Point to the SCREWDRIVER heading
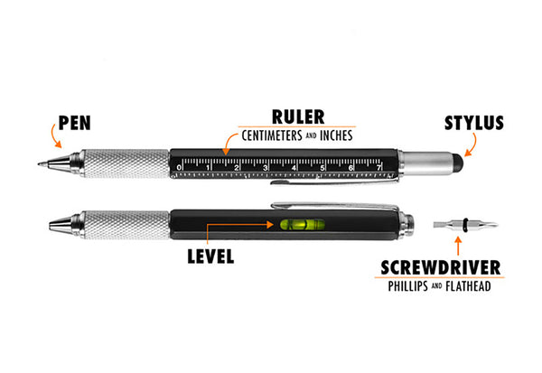click(x=447, y=267)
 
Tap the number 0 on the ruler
click(x=179, y=167)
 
